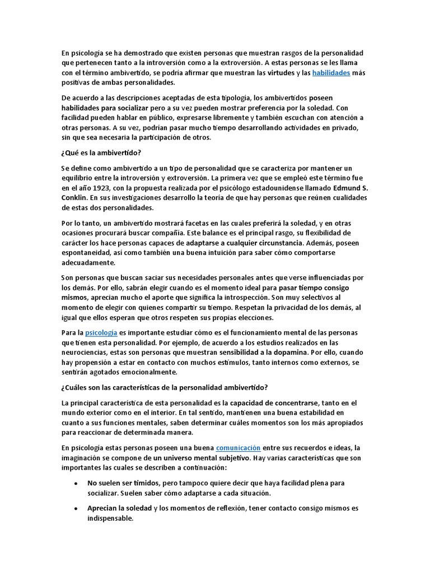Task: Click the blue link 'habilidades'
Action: click(x=331, y=73)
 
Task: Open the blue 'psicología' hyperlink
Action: click(x=101, y=333)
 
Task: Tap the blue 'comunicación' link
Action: click(x=238, y=447)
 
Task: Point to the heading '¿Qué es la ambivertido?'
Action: click(x=100, y=153)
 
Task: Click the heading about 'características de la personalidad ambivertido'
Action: click(x=165, y=387)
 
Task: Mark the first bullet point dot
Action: click(x=76, y=483)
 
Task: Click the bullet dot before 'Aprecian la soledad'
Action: click(x=76, y=508)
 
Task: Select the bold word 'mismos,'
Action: click(x=74, y=297)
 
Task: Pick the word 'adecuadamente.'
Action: click(x=88, y=262)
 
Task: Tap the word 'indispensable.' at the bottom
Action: click(x=110, y=519)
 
